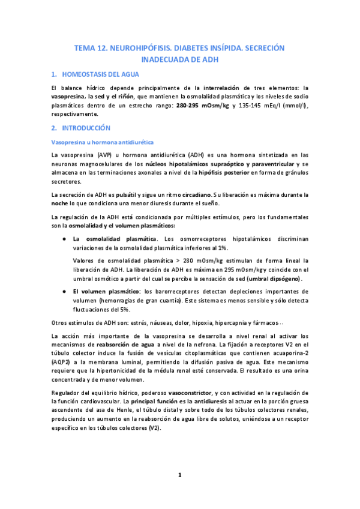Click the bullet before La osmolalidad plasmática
64,238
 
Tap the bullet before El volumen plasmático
64,291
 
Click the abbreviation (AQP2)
62,354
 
